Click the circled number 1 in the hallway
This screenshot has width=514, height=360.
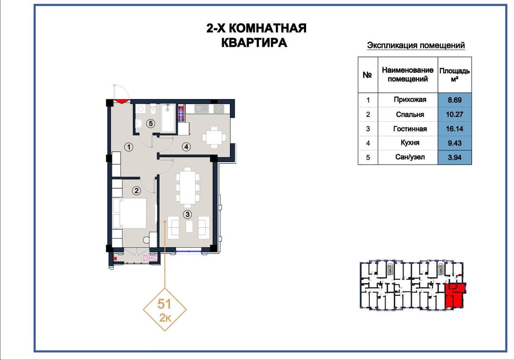(x=129, y=147)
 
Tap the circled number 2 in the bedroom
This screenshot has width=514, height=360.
(x=137, y=191)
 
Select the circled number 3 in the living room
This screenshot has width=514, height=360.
(x=187, y=214)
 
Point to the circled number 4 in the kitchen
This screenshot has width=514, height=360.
(x=186, y=147)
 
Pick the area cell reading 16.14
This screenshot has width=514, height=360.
(x=455, y=129)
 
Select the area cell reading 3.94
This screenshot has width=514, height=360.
(x=455, y=157)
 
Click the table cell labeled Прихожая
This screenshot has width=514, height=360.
(x=410, y=99)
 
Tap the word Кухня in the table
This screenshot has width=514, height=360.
(x=410, y=143)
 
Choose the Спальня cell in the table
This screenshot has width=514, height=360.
(x=410, y=114)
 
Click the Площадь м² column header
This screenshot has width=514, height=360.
(x=455, y=75)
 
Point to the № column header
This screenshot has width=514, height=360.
(x=367, y=75)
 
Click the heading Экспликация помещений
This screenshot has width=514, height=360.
(x=415, y=45)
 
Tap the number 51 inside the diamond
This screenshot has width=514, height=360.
(x=164, y=304)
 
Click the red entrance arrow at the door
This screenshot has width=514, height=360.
(x=122, y=101)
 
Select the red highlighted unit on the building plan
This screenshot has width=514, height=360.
(x=455, y=295)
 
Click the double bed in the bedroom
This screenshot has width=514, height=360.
(x=129, y=213)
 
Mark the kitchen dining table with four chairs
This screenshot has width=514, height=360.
(x=214, y=137)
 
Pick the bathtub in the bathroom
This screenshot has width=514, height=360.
(x=168, y=118)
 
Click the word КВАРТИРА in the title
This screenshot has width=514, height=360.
(x=254, y=43)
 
